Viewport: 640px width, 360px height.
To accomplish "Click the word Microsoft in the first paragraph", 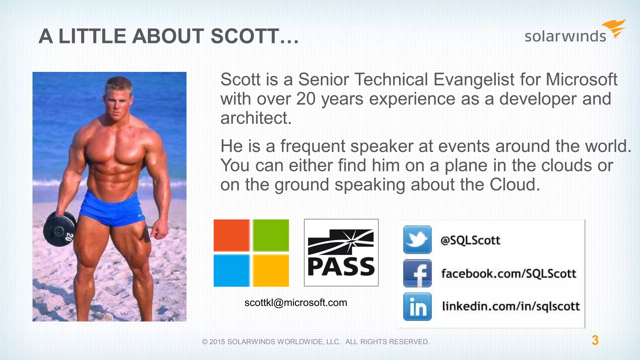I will [581, 79].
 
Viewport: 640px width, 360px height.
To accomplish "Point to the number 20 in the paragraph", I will [306, 99].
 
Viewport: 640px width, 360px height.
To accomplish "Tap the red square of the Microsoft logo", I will [231, 235].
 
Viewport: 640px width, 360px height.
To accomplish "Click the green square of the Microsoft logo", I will [271, 235].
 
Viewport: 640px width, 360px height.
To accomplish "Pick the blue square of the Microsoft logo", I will [231, 271].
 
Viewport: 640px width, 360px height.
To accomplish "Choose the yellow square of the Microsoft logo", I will [271, 271].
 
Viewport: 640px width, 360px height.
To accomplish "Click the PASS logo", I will [341, 252].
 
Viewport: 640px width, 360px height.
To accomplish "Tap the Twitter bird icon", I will [417, 240].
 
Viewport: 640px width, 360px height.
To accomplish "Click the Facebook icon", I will [417, 273].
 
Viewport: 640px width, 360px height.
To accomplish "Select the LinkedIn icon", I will [417, 307].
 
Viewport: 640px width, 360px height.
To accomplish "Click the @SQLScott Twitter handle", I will [470, 240].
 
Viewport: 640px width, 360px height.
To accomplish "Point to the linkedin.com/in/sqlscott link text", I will [511, 306].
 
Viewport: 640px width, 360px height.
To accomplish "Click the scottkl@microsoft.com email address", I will [296, 302].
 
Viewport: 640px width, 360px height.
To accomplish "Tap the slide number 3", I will [595, 340].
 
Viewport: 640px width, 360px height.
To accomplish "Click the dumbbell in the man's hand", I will [59, 230].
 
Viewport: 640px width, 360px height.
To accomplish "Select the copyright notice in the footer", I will [316, 342].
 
